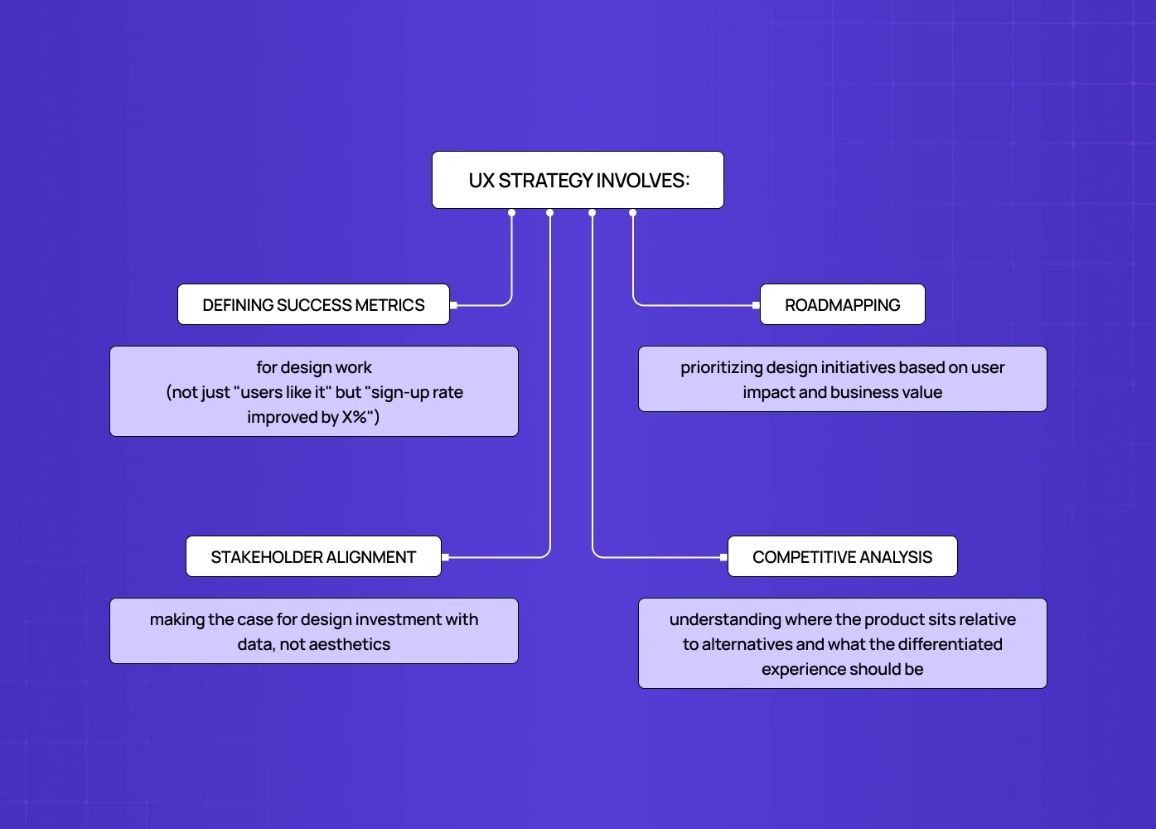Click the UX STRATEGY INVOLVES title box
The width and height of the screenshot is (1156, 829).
tap(578, 180)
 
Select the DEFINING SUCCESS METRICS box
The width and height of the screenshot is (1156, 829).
tap(313, 305)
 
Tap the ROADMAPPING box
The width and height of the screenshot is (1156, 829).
tap(842, 305)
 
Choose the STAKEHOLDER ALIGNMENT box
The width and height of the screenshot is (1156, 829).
tap(313, 557)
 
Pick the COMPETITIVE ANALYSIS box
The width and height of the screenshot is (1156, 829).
tap(842, 557)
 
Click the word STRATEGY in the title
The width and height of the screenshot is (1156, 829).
tap(545, 181)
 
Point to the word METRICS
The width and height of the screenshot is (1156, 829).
tap(389, 305)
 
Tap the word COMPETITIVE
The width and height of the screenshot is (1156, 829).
tap(802, 557)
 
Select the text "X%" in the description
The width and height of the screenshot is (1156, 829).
tap(354, 417)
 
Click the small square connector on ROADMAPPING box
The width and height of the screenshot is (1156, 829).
tap(756, 305)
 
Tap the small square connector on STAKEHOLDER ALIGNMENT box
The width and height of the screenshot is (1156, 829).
tap(446, 557)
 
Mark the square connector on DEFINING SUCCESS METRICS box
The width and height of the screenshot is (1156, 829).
tap(454, 305)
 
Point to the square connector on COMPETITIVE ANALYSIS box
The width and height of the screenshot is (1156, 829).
tap(723, 557)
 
